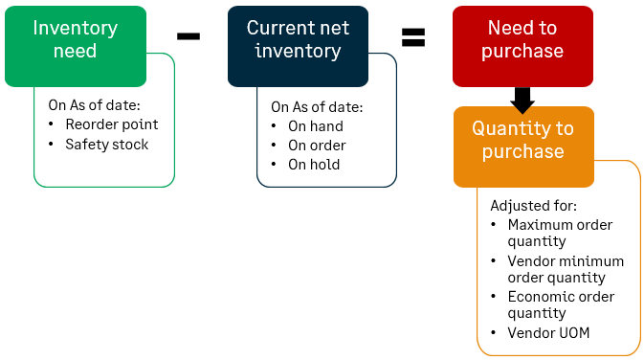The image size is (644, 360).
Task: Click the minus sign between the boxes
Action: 189,35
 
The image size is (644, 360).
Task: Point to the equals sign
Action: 412,37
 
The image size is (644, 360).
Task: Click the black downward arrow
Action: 522,97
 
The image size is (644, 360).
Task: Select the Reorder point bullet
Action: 111,124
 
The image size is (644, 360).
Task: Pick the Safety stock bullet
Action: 106,145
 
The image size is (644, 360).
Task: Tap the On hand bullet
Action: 315,126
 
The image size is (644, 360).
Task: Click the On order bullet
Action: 317,146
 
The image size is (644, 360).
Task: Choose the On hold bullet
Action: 314,165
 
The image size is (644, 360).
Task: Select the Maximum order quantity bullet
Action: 560,234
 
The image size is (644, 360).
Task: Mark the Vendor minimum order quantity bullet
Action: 566,269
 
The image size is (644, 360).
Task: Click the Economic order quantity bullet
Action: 561,304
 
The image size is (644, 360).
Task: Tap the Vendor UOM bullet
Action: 548,332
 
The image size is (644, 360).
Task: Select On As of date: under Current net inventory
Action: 316,107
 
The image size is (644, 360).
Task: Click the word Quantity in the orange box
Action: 509,129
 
